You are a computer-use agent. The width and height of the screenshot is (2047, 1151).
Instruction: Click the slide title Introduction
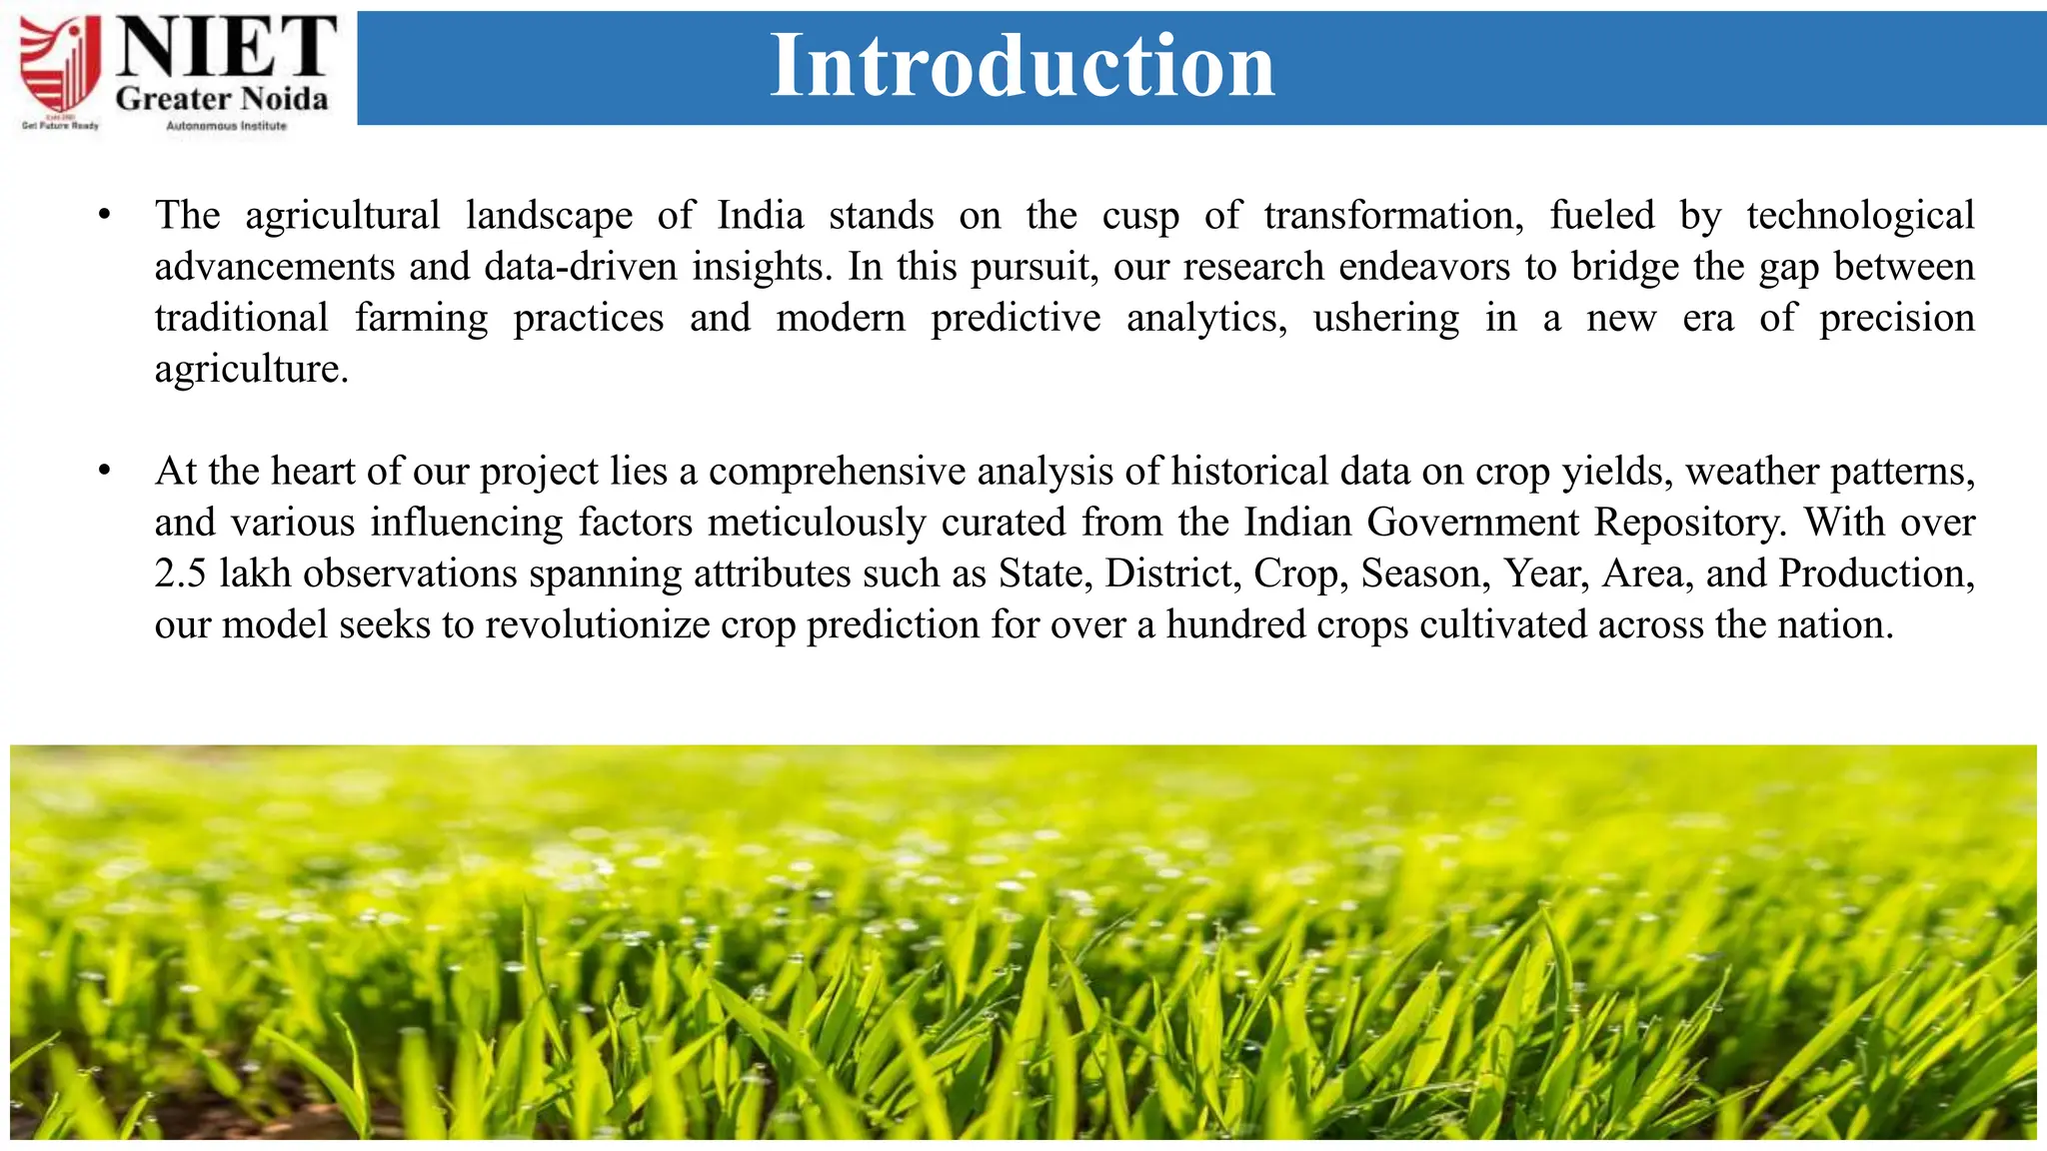click(x=1022, y=66)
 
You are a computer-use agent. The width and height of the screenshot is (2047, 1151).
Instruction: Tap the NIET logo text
click(x=226, y=47)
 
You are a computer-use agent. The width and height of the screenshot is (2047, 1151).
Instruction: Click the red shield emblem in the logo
click(x=61, y=65)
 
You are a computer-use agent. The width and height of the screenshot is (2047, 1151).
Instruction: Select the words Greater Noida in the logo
click(x=222, y=99)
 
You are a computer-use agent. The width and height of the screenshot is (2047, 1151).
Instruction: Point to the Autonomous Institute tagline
click(x=226, y=126)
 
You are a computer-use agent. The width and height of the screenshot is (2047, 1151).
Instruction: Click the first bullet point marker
click(x=104, y=216)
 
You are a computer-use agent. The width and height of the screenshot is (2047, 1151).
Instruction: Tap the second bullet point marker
click(x=104, y=471)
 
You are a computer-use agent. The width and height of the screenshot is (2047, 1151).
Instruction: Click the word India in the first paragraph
click(x=760, y=216)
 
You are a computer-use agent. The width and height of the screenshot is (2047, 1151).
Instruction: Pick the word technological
click(x=1860, y=216)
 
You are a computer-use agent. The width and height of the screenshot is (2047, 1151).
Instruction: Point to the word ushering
click(x=1385, y=318)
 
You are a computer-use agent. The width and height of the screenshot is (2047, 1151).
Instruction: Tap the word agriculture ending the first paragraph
click(x=250, y=369)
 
